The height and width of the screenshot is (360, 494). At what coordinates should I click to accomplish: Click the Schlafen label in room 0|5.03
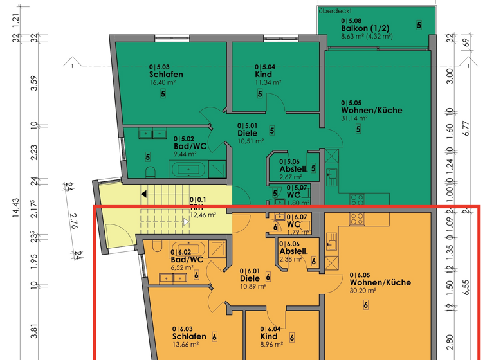(x=165, y=75)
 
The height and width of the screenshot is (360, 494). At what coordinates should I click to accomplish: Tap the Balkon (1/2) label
(x=364, y=29)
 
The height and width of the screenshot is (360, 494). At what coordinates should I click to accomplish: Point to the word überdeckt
(x=335, y=11)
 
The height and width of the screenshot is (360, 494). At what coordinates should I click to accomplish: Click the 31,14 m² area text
(x=354, y=118)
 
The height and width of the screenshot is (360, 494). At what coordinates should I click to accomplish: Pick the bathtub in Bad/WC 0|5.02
(x=188, y=170)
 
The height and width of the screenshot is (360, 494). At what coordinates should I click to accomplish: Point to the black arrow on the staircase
(x=145, y=193)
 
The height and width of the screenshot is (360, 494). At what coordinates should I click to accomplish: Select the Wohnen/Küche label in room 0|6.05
(x=380, y=282)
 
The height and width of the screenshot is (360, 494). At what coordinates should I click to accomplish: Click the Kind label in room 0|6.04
(x=269, y=337)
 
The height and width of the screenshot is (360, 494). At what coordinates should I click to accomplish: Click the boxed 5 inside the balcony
(x=419, y=25)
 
